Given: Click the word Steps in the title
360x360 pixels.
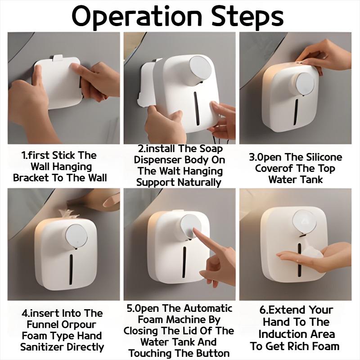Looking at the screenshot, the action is [x=247, y=17].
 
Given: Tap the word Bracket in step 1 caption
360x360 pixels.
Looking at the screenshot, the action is [x=31, y=178].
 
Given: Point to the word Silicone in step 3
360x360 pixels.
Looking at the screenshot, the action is [x=324, y=157].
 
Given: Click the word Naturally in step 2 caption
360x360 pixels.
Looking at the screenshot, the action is [x=199, y=183].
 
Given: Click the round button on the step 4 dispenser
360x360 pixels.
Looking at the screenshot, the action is [x=76, y=236].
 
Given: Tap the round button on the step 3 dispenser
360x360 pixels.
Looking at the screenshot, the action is [x=306, y=84].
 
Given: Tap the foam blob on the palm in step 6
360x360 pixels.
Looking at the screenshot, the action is [x=312, y=253].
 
